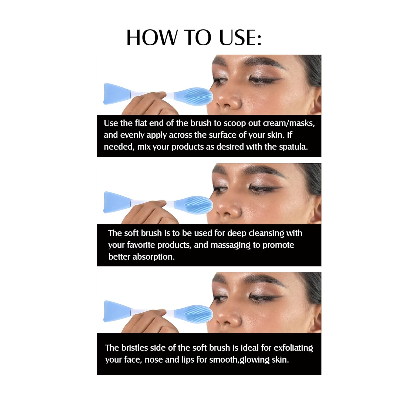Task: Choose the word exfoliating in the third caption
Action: (293, 348)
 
